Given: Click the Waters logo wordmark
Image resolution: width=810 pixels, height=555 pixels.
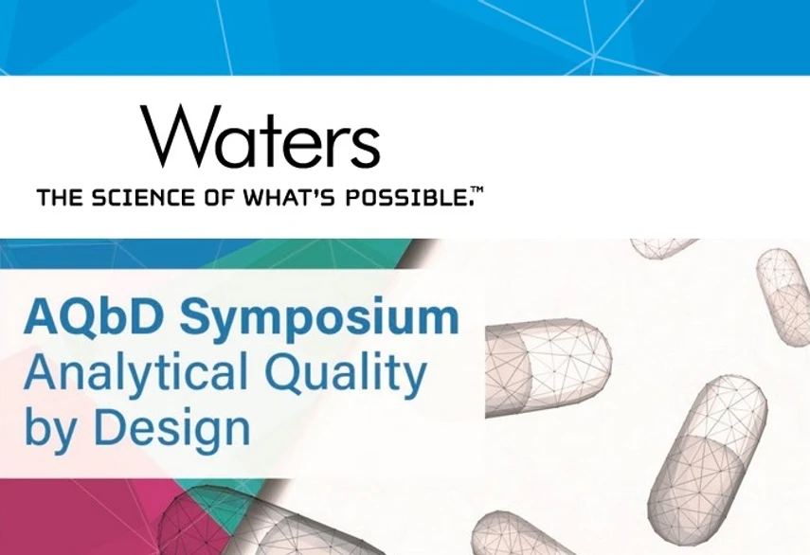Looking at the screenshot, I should tap(261, 138).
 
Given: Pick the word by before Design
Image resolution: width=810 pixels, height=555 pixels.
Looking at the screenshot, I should tap(47, 431).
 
